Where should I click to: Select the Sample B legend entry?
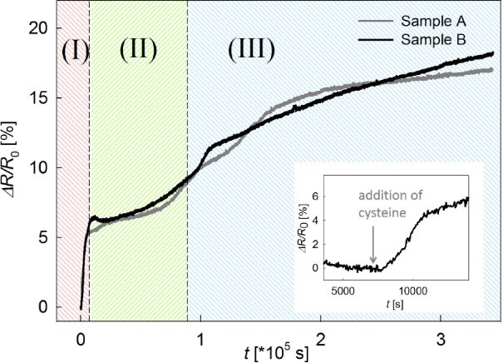(x=431, y=39)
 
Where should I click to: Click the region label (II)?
(x=138, y=50)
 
